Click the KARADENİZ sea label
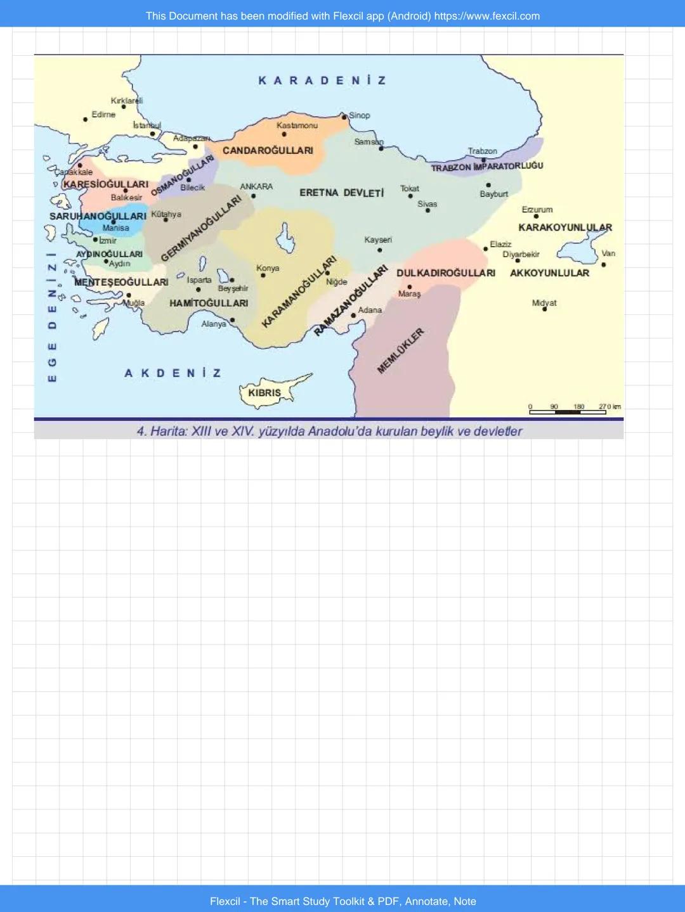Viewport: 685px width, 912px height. pos(322,80)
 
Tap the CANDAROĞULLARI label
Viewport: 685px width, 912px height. pos(268,151)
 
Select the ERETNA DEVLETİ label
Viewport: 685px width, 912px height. pos(341,193)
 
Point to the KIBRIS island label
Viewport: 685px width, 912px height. pos(264,393)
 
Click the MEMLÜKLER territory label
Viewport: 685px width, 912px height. pos(400,351)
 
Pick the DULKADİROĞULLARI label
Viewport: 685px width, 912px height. pos(446,273)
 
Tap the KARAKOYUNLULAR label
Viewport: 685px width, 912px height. pos(565,228)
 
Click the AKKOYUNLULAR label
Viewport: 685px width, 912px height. pos(549,273)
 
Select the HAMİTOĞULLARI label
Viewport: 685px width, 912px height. pos(209,304)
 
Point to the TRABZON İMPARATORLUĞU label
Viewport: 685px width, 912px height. pos(487,167)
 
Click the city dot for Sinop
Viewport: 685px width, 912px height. pos(344,117)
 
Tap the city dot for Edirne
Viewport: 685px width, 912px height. pos(85,119)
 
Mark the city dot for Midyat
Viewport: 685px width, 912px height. pos(544,309)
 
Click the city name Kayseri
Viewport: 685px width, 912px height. pos(378,240)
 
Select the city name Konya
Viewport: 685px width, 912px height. pos(268,268)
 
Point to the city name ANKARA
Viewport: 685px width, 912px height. pos(256,186)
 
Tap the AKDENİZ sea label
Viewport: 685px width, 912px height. pos(173,373)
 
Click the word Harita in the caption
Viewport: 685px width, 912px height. pos(168,432)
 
